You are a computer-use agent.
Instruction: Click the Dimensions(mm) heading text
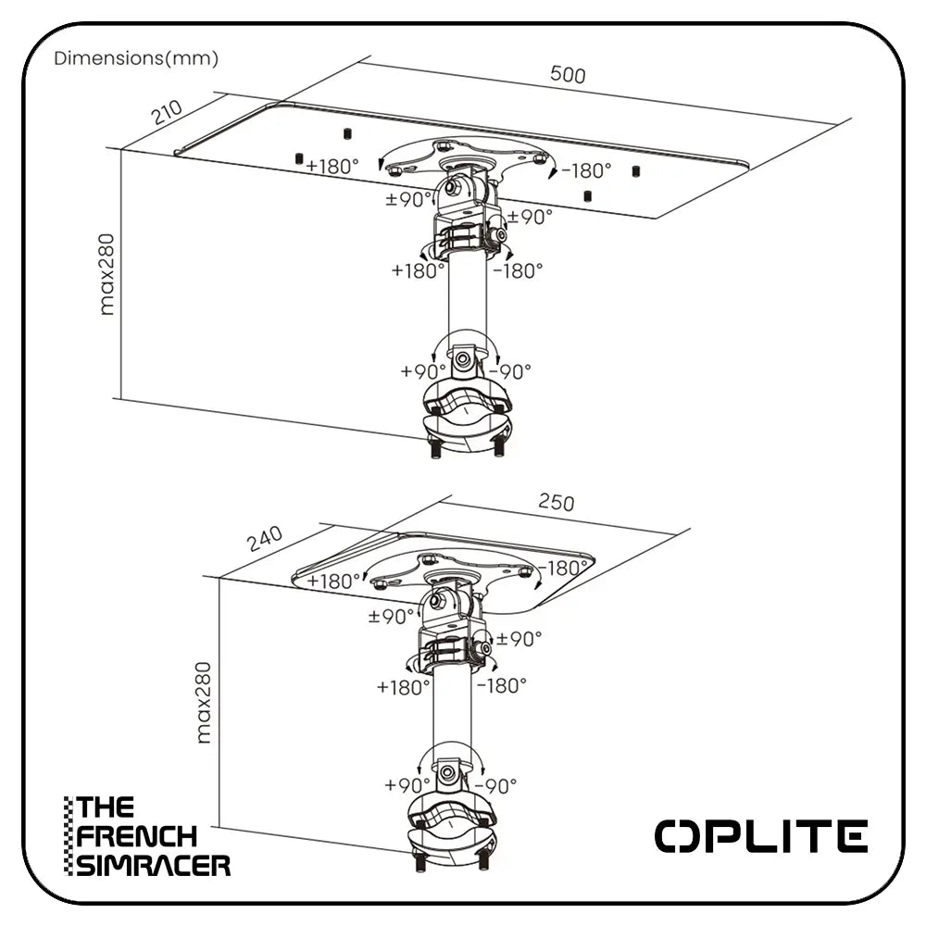click(136, 59)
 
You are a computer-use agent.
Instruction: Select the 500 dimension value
click(568, 75)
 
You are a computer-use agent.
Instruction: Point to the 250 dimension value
click(556, 502)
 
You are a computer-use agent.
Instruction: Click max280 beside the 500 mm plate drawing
click(107, 274)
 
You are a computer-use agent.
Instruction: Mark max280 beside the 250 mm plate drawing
click(205, 701)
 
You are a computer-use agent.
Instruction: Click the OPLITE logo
click(761, 836)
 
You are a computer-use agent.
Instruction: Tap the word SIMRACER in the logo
click(154, 865)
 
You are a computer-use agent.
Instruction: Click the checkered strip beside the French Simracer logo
click(68, 836)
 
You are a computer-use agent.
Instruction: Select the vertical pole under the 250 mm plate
click(451, 713)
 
